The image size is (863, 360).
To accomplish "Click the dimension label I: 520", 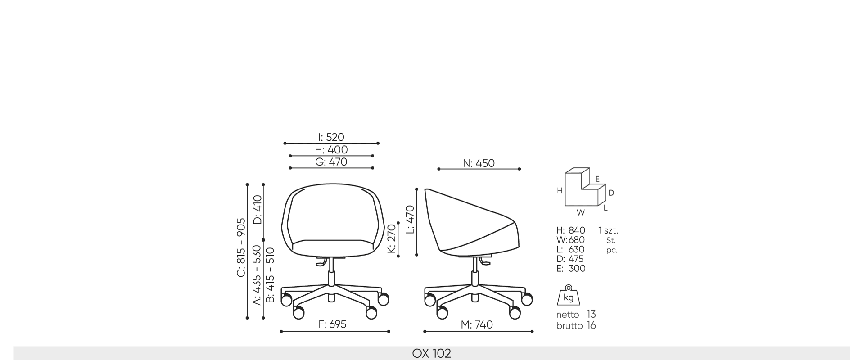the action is pyautogui.click(x=331, y=137).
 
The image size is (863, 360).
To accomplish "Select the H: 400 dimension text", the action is pyautogui.click(x=331, y=149).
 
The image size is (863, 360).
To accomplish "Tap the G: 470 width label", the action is pyautogui.click(x=331, y=162).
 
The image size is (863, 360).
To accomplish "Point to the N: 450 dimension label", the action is pyautogui.click(x=479, y=163).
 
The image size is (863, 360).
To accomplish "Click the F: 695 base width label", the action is pyautogui.click(x=332, y=324).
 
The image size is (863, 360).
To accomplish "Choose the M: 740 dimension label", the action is pyautogui.click(x=477, y=324).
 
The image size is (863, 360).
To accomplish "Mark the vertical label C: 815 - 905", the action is pyautogui.click(x=241, y=247).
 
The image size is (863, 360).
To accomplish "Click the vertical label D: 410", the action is pyautogui.click(x=258, y=209).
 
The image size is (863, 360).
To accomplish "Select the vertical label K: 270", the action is pyautogui.click(x=392, y=238).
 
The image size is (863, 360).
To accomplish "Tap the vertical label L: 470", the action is pyautogui.click(x=410, y=220).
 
